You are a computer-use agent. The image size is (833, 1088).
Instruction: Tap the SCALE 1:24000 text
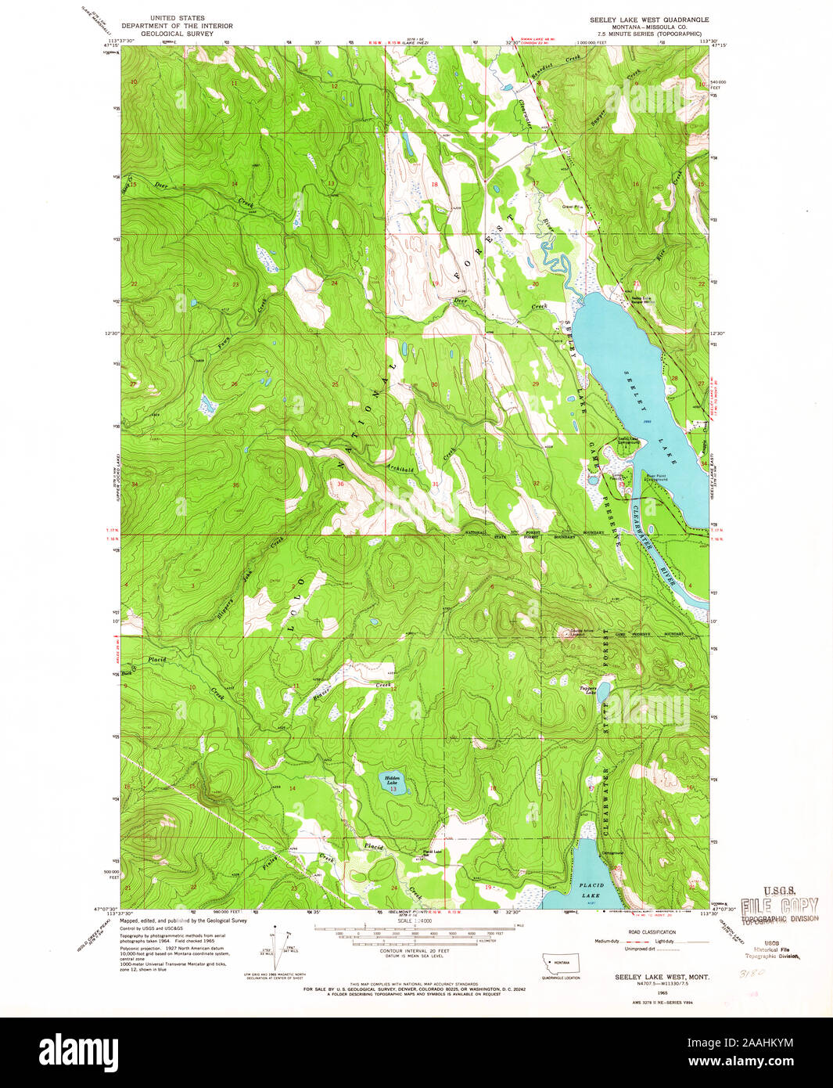(415, 921)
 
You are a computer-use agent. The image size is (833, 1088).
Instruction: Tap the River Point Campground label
(655, 475)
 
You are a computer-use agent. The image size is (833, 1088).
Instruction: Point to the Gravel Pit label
(573, 207)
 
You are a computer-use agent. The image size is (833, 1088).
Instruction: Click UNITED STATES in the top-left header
(179, 18)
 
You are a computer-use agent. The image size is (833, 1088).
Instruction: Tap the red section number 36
(339, 484)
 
